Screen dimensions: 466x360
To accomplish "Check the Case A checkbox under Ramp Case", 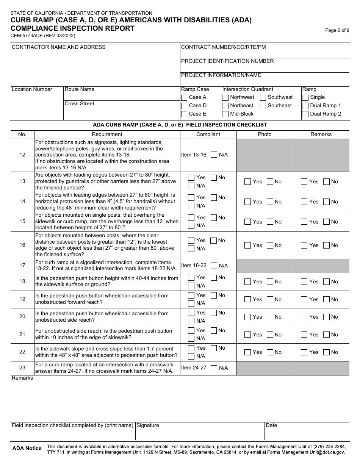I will (x=184, y=98).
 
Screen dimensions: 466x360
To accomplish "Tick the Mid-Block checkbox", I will (x=225, y=114).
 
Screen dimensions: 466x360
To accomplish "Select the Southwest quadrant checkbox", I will (x=263, y=98).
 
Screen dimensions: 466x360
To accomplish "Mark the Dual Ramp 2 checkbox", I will (x=305, y=114).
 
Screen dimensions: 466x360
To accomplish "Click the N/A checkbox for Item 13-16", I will (x=214, y=155).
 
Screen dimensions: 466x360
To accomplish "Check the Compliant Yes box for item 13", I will (x=191, y=178).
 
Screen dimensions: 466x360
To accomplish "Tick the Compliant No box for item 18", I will (x=214, y=278).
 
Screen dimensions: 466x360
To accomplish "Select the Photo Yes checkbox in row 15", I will (x=248, y=222).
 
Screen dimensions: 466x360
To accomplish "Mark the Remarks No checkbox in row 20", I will (x=326, y=317).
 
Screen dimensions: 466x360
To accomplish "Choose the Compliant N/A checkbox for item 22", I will (x=191, y=356).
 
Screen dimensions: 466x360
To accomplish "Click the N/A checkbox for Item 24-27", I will (x=214, y=368).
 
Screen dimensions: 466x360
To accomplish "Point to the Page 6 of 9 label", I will (x=337, y=31).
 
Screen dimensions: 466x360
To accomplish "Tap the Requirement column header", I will (x=107, y=134).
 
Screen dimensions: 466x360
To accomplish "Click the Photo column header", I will (x=265, y=134).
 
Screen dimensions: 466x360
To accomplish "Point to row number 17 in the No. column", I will (x=22, y=266).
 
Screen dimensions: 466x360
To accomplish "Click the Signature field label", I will (x=148, y=425).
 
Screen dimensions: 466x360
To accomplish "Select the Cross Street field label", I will (x=80, y=104).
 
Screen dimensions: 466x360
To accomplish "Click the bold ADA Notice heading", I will (x=27, y=449).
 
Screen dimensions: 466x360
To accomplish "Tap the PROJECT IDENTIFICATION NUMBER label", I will (x=227, y=61).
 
